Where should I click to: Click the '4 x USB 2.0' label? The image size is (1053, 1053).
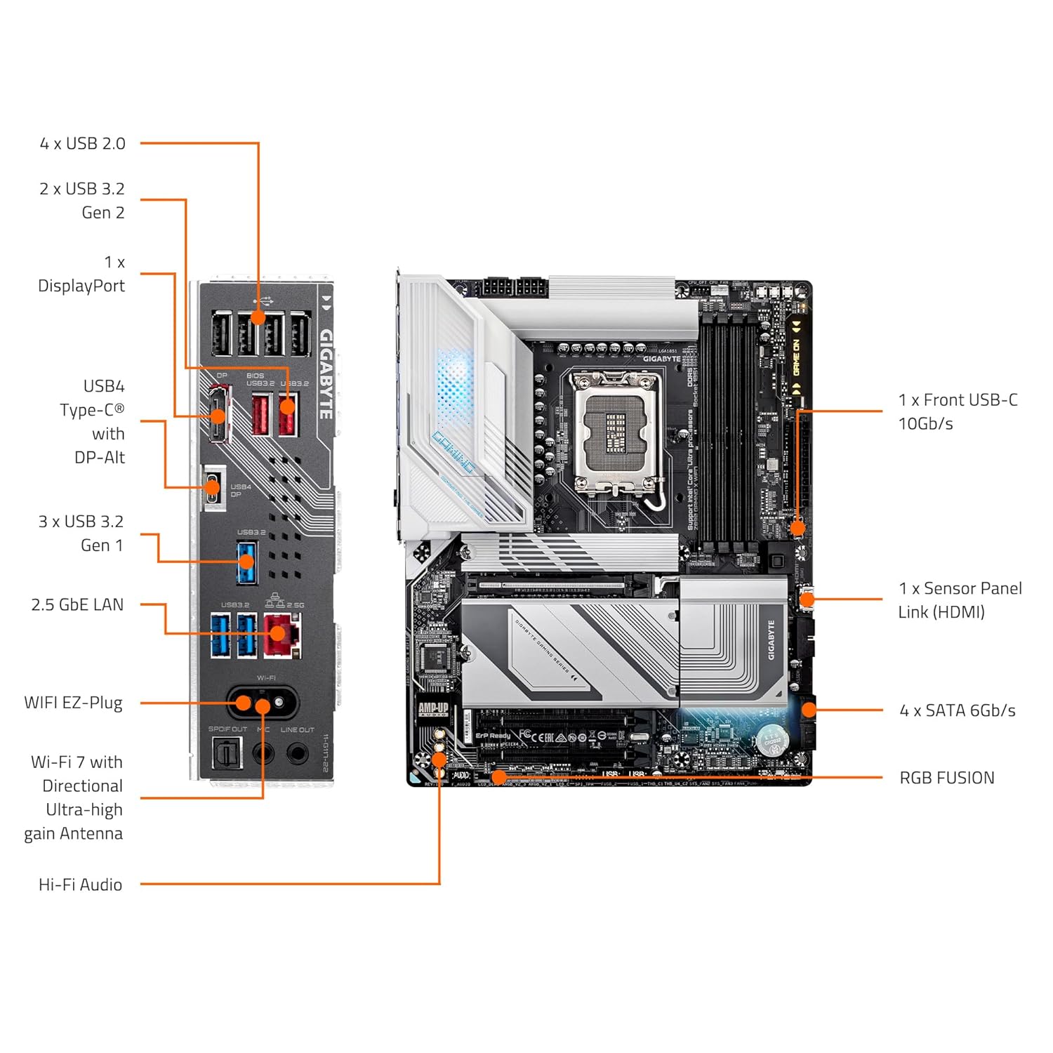(82, 144)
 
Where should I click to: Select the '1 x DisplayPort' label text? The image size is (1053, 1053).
(81, 274)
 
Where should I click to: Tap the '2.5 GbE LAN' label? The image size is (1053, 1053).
(77, 605)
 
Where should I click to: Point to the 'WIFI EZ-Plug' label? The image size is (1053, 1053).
(73, 703)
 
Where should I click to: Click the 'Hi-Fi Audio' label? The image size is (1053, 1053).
(80, 885)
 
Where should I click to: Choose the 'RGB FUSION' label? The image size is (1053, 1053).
(947, 778)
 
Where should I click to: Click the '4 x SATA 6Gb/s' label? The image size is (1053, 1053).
(958, 710)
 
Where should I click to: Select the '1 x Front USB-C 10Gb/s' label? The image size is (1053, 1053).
(958, 411)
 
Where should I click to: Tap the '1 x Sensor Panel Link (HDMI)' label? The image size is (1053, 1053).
(960, 600)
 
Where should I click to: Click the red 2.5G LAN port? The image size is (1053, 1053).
(282, 635)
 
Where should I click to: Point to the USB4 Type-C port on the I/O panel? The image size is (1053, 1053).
(213, 487)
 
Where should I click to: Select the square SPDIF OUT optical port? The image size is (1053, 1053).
(227, 754)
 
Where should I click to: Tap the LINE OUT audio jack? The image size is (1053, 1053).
(298, 754)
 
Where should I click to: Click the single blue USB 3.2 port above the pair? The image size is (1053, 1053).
(246, 562)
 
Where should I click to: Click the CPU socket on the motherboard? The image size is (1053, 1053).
(616, 430)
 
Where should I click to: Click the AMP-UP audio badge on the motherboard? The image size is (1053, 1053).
(433, 709)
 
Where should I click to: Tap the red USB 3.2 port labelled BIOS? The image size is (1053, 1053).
(260, 414)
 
